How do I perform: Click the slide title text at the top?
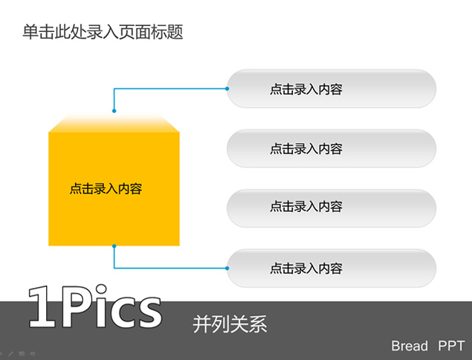(103, 32)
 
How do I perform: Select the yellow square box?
(114, 189)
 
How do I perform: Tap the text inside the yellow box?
(106, 189)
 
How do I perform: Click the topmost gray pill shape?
(332, 89)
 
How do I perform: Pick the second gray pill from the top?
(332, 148)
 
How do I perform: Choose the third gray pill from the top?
(332, 208)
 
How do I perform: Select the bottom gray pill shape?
(332, 268)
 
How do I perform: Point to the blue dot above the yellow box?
(114, 111)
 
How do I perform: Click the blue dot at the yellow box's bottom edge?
(114, 246)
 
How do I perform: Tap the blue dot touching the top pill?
(227, 89)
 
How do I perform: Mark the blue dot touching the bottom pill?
(227, 268)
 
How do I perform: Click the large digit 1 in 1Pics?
(43, 307)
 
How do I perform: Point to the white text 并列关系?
(230, 324)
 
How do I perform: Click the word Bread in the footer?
(410, 346)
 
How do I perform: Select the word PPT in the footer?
(451, 346)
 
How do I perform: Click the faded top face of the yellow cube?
(114, 123)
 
